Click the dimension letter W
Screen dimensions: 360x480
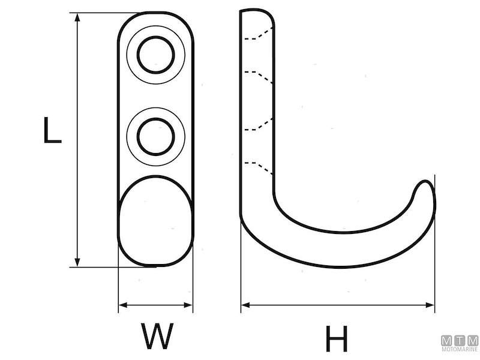click(x=157, y=336)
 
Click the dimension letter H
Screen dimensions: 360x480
click(x=337, y=339)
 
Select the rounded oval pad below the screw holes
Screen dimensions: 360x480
click(x=156, y=221)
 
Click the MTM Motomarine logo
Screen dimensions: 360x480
click(x=460, y=343)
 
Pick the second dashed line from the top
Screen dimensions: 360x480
click(x=259, y=76)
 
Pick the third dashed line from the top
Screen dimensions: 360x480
click(x=259, y=124)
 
